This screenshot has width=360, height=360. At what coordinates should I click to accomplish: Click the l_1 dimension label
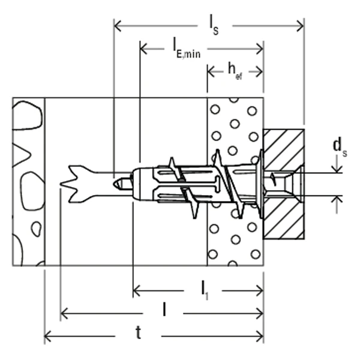tap(205, 290)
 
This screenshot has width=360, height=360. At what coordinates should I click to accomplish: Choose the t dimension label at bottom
tap(138, 332)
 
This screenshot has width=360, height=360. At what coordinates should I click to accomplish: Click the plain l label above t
tap(164, 309)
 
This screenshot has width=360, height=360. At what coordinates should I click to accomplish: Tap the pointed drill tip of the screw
tap(115, 184)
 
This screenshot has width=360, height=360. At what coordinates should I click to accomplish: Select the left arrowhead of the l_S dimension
tap(118, 26)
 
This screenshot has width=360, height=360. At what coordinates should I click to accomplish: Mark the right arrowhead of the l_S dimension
tap(301, 26)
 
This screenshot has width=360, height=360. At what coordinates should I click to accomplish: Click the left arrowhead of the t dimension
tap(48, 337)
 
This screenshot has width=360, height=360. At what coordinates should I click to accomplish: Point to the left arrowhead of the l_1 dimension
tap(137, 290)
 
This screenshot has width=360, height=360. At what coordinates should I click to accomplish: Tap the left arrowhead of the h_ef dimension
tap(211, 71)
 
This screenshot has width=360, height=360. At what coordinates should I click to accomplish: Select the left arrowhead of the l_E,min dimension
tap(143, 49)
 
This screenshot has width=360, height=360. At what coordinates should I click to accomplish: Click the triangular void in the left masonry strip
tap(20, 155)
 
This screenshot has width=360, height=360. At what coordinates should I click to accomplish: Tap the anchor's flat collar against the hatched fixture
tap(261, 184)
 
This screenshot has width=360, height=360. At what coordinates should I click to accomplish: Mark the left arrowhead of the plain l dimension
tap(64, 313)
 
